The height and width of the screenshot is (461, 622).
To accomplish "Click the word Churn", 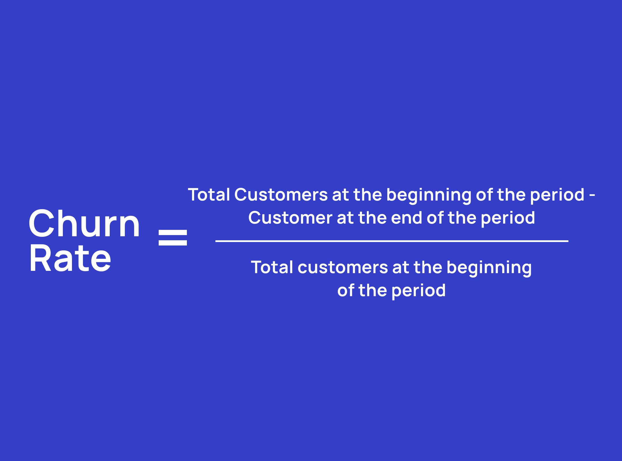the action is tap(84, 223).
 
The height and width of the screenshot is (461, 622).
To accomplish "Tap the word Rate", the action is tap(70, 258).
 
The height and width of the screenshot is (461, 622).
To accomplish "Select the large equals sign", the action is tap(173, 237).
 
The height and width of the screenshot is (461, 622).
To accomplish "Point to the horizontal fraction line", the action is tap(392, 241).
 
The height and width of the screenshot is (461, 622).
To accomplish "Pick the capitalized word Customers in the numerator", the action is tap(281, 194).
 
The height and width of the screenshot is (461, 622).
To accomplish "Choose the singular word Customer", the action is tap(290, 218).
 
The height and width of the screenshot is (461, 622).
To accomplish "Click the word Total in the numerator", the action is tap(209, 194).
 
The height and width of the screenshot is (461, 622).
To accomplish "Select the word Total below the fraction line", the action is tap(272, 267).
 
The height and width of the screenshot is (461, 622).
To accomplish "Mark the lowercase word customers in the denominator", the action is tap(343, 267).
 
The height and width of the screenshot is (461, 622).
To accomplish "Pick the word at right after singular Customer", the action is tap(345, 218).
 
